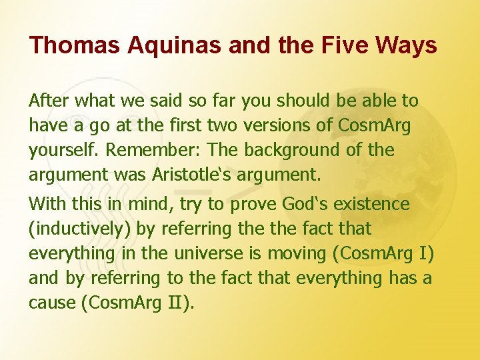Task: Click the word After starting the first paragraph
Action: [x=49, y=101]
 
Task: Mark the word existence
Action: [x=377, y=203]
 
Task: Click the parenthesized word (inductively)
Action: [x=80, y=229]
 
